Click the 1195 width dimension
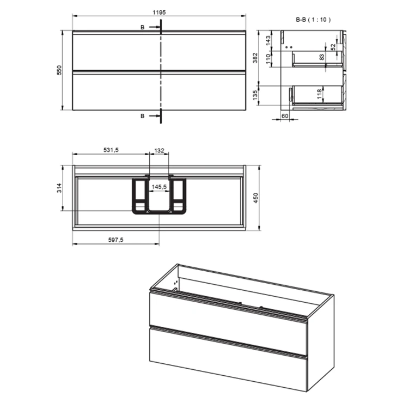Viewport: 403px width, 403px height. [159, 13]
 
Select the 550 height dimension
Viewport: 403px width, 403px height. [59, 70]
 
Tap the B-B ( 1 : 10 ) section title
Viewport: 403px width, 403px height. [313, 20]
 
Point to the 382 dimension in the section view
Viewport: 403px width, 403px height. [255, 58]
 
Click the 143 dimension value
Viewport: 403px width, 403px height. [268, 41]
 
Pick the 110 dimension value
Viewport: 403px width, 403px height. [268, 59]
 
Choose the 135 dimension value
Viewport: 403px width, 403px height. [255, 95]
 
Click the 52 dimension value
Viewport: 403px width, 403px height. [333, 47]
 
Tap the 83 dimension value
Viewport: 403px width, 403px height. [322, 57]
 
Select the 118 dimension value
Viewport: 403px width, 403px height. [319, 94]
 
